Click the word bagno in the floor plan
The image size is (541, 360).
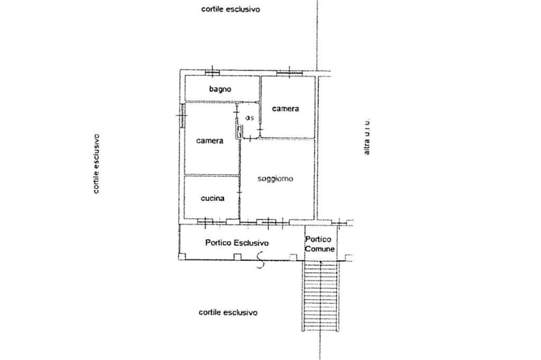(x=220, y=89)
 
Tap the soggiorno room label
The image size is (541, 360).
(x=275, y=179)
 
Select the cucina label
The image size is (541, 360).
(x=212, y=198)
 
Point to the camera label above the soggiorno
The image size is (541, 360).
(x=285, y=109)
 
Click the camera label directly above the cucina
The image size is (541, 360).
(x=210, y=141)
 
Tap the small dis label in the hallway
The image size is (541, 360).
(x=250, y=118)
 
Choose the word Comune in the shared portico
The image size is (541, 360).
(x=320, y=248)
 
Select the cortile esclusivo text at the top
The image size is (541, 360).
(x=230, y=10)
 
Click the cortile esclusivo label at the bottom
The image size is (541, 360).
(x=228, y=312)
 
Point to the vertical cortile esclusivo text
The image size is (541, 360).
(x=96, y=164)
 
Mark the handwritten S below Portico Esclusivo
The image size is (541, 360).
(x=260, y=260)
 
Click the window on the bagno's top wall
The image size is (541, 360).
(x=212, y=72)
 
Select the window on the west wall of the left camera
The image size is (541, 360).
(x=181, y=115)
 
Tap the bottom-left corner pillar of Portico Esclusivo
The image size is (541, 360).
(x=182, y=257)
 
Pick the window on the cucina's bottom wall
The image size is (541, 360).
(x=206, y=221)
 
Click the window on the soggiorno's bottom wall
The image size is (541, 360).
(x=267, y=221)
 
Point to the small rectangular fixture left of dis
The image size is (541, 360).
(x=239, y=131)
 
